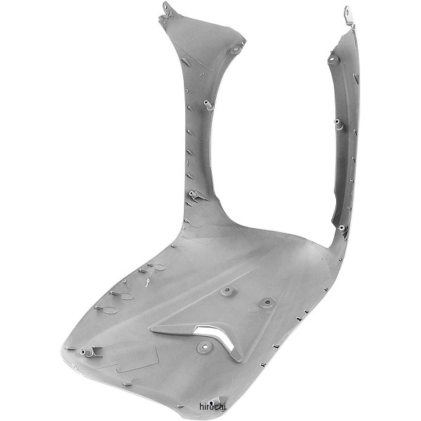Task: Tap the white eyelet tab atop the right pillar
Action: (x=349, y=16)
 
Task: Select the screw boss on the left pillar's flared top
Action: (x=236, y=49)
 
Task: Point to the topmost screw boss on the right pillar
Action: (x=332, y=58)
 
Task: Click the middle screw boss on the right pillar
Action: (x=338, y=123)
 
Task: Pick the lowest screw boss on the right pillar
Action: (x=342, y=228)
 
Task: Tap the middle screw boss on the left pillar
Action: (x=208, y=105)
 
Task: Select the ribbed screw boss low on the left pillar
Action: (x=194, y=194)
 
